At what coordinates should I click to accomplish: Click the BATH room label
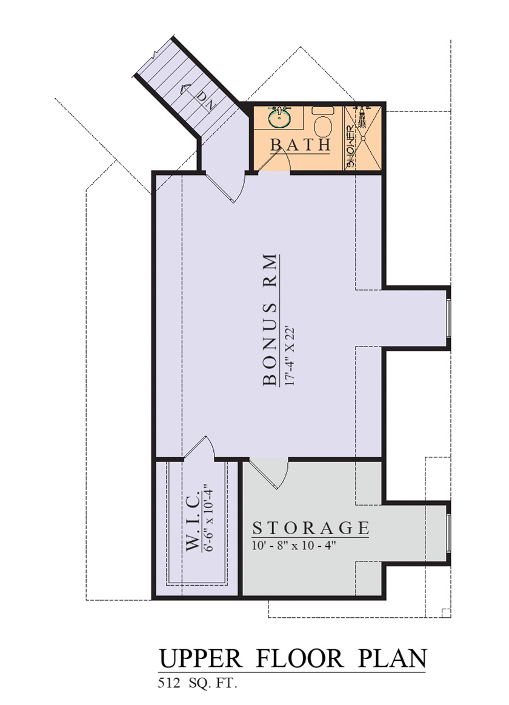point(301,145)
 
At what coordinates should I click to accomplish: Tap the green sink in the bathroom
point(280,117)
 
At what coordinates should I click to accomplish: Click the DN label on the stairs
point(207,101)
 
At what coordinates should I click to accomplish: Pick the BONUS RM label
point(269,320)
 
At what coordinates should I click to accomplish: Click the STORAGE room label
point(311,528)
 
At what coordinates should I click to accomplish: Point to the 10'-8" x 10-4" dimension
point(294,545)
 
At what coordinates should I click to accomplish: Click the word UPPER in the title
point(201,659)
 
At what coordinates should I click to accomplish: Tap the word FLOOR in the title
point(299,658)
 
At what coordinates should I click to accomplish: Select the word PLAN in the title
point(392,658)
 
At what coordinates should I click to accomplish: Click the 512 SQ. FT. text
point(198,683)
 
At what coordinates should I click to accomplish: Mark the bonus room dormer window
point(448,317)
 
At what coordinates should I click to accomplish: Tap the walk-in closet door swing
point(201,448)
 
